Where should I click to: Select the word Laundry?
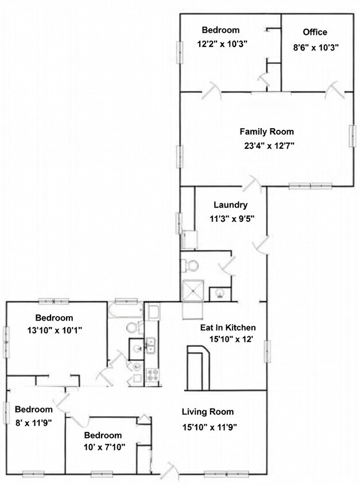(x=230, y=205)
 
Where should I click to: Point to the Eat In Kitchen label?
(x=228, y=328)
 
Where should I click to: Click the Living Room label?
(x=208, y=411)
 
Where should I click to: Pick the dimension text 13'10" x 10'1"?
(x=55, y=330)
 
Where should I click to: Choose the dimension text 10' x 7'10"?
(x=103, y=446)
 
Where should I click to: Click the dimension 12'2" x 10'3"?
(x=220, y=43)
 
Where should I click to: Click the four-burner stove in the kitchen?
(x=153, y=376)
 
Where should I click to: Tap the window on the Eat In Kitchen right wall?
(x=267, y=352)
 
